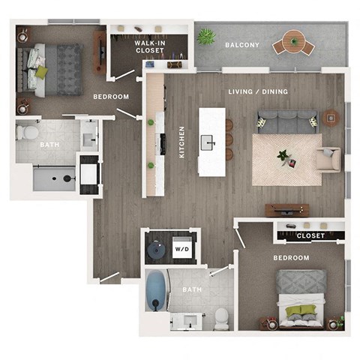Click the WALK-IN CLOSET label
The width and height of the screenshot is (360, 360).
point(150,49)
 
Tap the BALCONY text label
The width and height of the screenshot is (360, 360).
point(242,46)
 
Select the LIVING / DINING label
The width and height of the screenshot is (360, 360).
point(258,91)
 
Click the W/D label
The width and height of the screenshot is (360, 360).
point(181,248)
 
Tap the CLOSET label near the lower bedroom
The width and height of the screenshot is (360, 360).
point(310,235)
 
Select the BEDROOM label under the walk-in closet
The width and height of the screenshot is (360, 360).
point(110,97)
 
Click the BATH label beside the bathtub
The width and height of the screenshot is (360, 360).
point(192,289)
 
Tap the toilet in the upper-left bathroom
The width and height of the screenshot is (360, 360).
point(28,134)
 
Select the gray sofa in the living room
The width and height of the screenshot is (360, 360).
point(286,121)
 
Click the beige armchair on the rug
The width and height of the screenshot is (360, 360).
point(328,159)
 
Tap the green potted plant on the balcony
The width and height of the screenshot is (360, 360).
point(206,36)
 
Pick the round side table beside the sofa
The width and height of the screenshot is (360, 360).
point(331,118)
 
